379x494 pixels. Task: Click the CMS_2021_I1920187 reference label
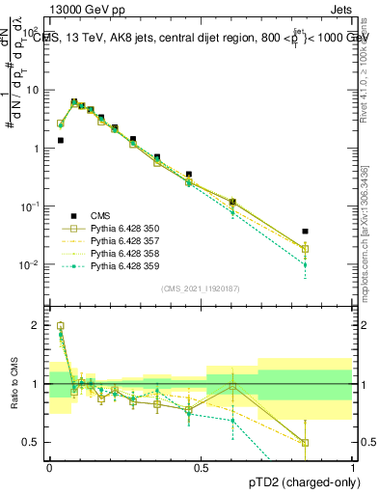point(201,288)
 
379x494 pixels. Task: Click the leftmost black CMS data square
point(61,140)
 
